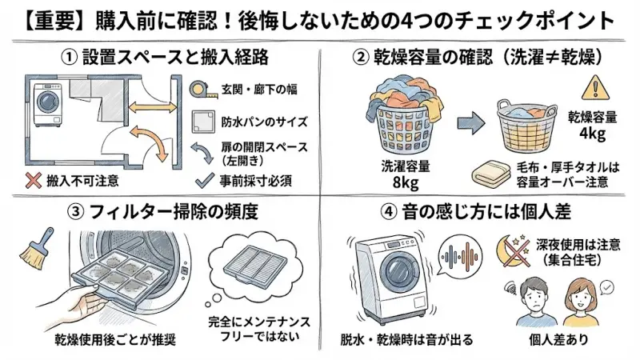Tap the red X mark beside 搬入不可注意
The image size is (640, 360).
(x=32, y=181)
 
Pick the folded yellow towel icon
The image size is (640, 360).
(x=490, y=174)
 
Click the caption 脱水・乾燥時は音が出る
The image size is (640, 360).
(x=406, y=339)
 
